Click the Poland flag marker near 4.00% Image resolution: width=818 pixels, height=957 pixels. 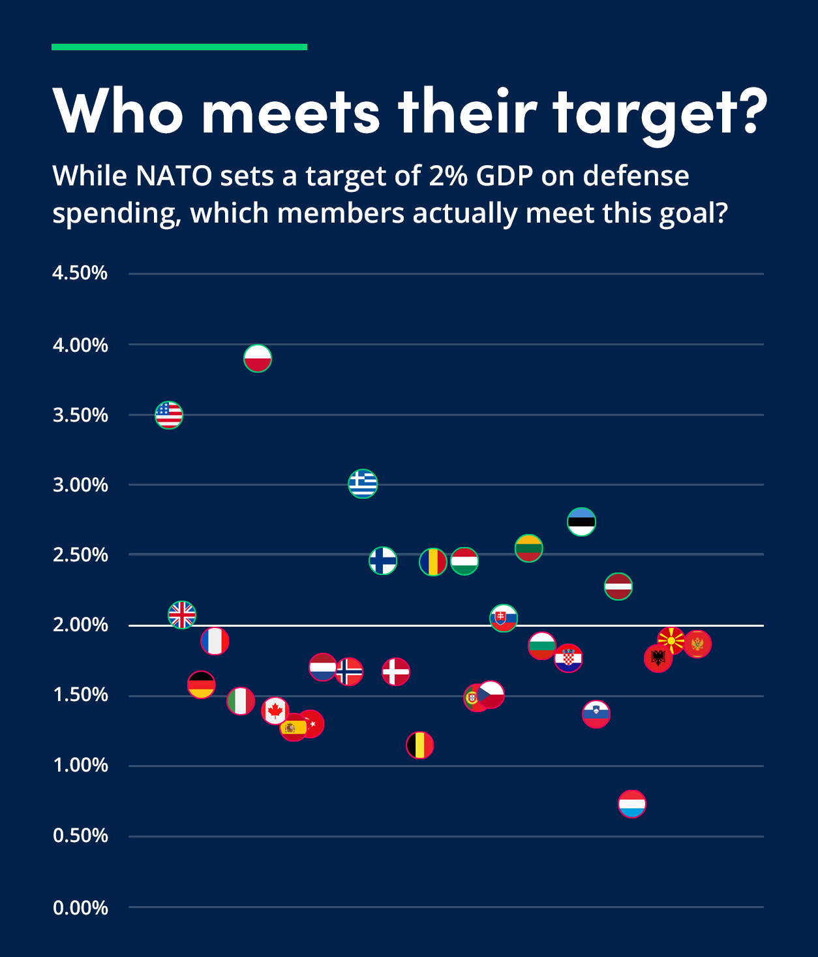(258, 358)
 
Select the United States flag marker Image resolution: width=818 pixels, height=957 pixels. (169, 415)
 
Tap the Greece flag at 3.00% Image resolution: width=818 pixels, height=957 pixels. (363, 484)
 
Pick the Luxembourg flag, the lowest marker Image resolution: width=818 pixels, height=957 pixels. (631, 804)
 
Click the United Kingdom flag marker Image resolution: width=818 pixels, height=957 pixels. (182, 615)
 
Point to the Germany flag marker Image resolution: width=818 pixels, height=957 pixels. (201, 685)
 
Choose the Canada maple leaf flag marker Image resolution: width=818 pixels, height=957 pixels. (275, 710)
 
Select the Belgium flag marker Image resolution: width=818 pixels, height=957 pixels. (419, 745)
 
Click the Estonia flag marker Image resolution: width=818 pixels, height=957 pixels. (581, 522)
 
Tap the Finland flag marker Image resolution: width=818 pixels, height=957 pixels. (383, 560)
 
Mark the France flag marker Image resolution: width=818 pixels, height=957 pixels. (215, 641)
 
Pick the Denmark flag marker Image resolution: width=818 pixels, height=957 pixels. (396, 672)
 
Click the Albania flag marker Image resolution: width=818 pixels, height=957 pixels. (658, 658)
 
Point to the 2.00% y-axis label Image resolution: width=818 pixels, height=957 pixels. (80, 625)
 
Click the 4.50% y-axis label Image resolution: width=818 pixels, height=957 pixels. (80, 273)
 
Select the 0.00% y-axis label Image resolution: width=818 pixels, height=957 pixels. (80, 907)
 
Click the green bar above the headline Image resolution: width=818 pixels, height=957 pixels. (179, 47)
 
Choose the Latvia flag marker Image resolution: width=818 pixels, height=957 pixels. (618, 586)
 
